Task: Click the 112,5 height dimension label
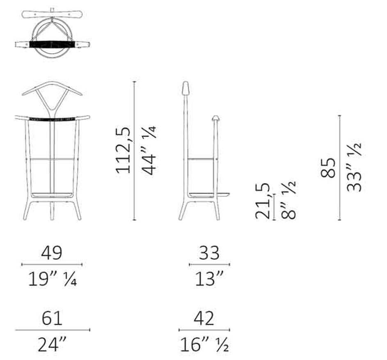[x=123, y=151]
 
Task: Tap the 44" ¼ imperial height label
[x=149, y=151]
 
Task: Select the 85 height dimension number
[x=328, y=168]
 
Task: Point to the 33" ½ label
[x=354, y=167]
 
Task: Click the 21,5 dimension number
[x=262, y=201]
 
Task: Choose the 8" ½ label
[x=288, y=200]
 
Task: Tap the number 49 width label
[x=52, y=252]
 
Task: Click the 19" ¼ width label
[x=52, y=279]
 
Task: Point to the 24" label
[x=52, y=344]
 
